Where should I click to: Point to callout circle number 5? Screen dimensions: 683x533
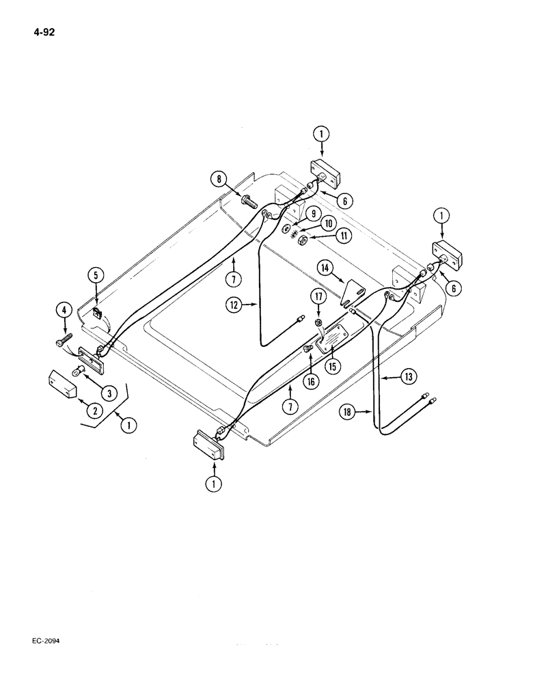click(x=95, y=276)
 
